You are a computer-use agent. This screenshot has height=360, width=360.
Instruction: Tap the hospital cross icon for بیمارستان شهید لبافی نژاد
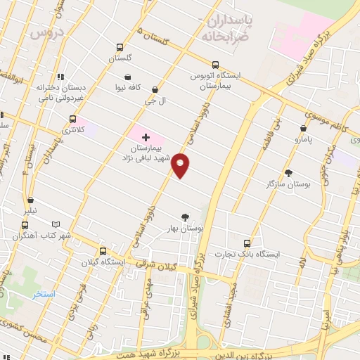pyautogui.click(x=146, y=136)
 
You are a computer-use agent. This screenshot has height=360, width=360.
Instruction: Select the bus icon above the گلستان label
pyautogui.click(x=120, y=49)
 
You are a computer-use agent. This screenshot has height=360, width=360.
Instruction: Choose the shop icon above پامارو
pyautogui.click(x=303, y=129)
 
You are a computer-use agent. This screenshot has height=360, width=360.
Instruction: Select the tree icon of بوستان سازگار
pyautogui.click(x=288, y=172)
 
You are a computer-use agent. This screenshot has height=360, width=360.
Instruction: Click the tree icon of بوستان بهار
pyautogui.click(x=185, y=217)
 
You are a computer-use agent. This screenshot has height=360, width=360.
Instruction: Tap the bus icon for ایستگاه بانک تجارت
pyautogui.click(x=245, y=241)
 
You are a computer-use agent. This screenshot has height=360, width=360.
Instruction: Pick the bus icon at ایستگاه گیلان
pyautogui.click(x=103, y=251)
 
